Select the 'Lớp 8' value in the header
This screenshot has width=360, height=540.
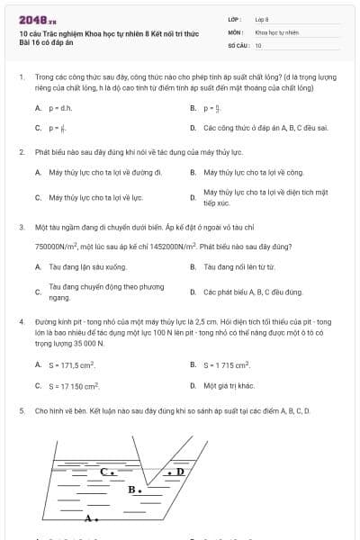click(262, 19)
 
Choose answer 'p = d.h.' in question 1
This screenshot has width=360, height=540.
click(60, 108)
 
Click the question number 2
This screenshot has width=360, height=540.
click(21, 152)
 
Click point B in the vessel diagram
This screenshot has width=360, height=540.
click(134, 490)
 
